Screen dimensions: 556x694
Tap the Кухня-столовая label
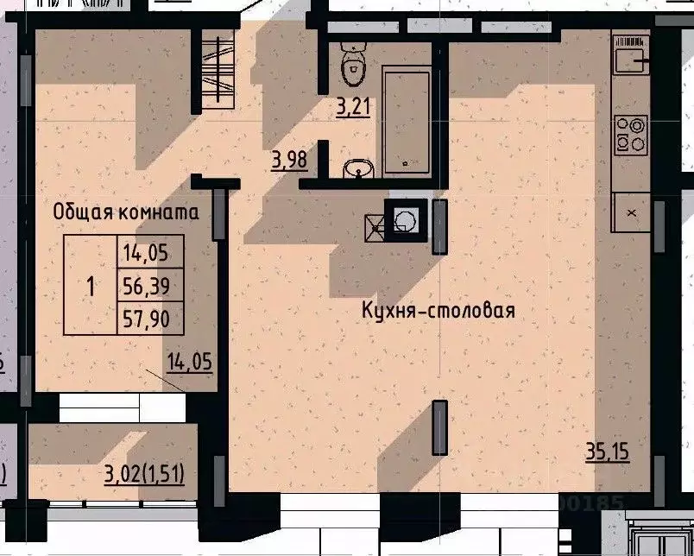point(438,311)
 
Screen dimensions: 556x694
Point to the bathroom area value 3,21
point(353,108)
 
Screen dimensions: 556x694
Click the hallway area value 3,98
point(288,161)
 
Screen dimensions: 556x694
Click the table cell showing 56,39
point(148,286)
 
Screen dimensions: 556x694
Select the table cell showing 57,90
point(148,319)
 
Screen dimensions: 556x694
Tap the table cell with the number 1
point(91,286)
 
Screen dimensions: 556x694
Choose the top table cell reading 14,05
point(148,252)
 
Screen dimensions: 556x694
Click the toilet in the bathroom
point(352,60)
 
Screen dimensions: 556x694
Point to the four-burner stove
point(630,133)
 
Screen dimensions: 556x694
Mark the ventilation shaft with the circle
point(403,221)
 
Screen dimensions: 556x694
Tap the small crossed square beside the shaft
point(376,226)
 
